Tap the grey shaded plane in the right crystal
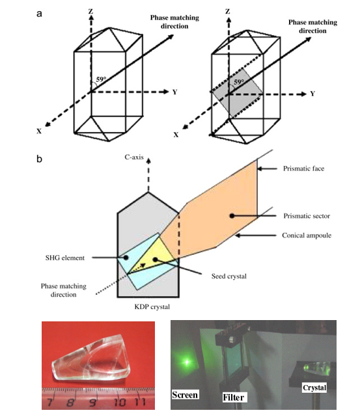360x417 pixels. click(237, 96)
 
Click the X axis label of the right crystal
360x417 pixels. click(176, 135)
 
